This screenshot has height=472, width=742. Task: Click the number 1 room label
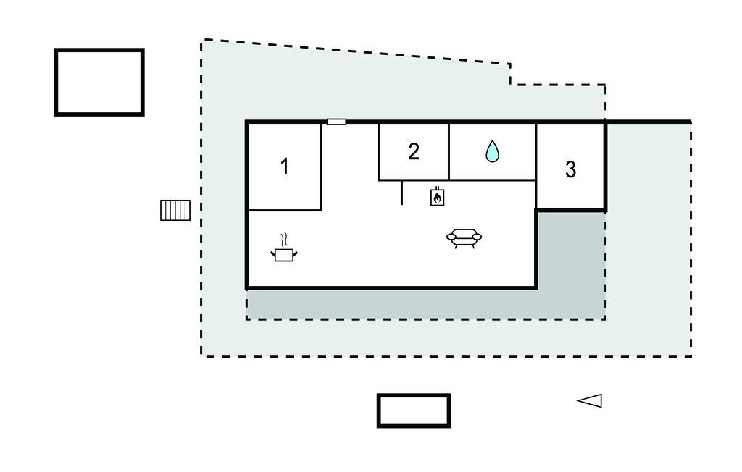(285, 167)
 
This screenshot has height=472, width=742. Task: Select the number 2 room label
(414, 151)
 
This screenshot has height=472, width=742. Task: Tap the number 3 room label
(570, 170)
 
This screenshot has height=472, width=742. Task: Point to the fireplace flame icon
(438, 197)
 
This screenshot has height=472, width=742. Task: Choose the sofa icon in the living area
(464, 237)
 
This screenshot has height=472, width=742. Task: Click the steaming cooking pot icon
(284, 253)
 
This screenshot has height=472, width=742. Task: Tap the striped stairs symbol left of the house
(175, 210)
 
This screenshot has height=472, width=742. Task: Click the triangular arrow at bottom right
(590, 400)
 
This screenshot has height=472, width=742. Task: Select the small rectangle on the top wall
(336, 122)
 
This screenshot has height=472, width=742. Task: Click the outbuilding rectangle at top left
(99, 82)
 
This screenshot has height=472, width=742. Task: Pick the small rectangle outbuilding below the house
(414, 410)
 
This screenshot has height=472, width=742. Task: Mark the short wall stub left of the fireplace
(401, 193)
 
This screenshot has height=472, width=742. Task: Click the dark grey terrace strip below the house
(391, 304)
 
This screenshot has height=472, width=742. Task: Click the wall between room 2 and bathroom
(449, 151)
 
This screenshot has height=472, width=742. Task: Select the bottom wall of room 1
(285, 210)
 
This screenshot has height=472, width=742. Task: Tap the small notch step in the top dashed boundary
(510, 75)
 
